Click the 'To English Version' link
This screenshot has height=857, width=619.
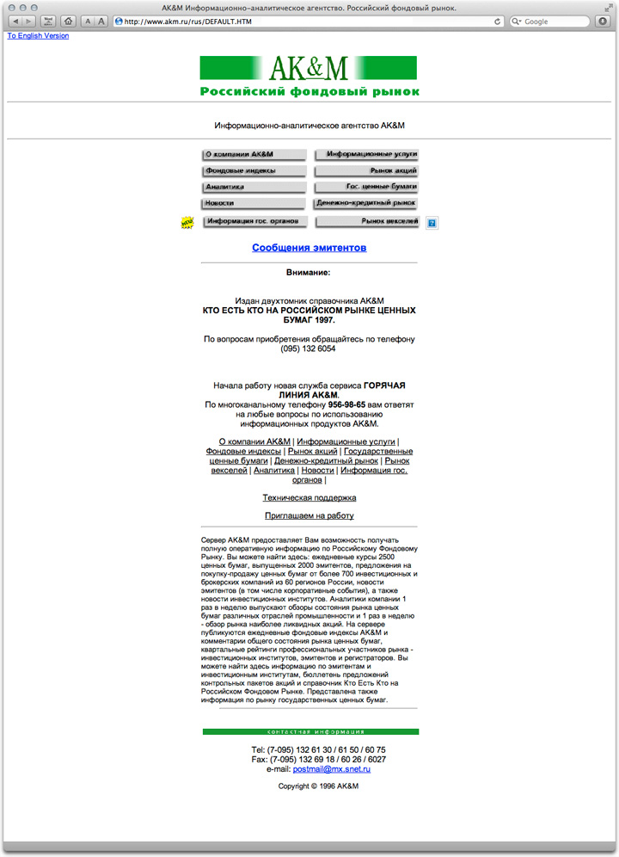click(x=38, y=36)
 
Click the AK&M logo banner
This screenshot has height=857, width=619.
click(x=309, y=77)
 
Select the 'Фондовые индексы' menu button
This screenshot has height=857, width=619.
click(x=254, y=171)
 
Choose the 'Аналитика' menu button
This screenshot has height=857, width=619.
click(x=254, y=187)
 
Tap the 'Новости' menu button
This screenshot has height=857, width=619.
click(x=254, y=204)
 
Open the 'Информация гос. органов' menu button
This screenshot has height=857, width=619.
click(x=255, y=222)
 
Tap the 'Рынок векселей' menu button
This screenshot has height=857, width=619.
click(x=367, y=222)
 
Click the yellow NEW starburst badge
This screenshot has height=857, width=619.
click(x=187, y=223)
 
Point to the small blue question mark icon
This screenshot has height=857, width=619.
click(x=432, y=224)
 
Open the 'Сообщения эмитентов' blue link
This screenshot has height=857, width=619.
click(x=309, y=248)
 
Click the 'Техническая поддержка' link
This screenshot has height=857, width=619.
click(x=309, y=498)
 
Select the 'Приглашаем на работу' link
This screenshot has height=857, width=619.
click(x=309, y=516)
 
